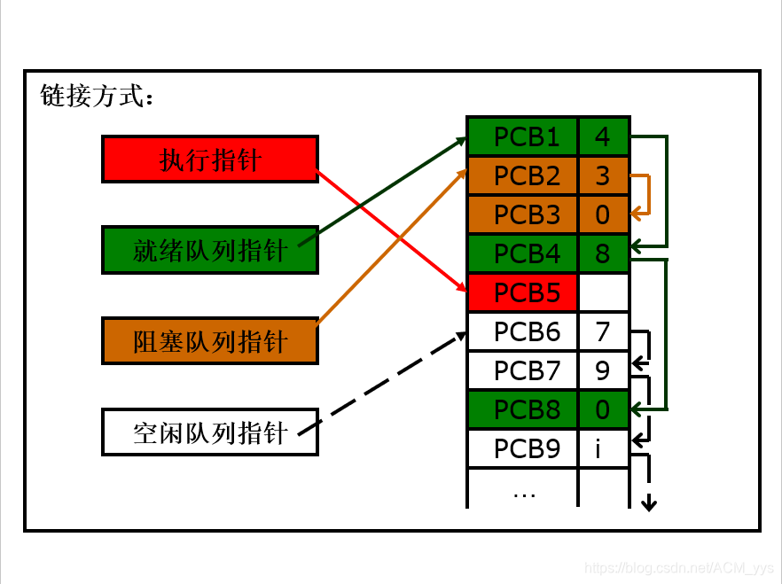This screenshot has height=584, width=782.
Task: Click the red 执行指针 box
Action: pos(209,159)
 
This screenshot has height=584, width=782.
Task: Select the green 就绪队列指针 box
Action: pos(209,250)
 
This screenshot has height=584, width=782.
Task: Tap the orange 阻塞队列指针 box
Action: pos(209,341)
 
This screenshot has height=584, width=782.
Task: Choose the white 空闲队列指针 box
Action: pos(209,432)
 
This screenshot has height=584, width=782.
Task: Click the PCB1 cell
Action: pos(522,137)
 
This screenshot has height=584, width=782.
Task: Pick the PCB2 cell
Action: pos(522,176)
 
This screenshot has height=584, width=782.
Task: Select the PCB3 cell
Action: pos(522,215)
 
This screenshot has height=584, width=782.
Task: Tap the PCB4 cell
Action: pos(522,254)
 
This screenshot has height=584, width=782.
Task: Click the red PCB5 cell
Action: pos(522,292)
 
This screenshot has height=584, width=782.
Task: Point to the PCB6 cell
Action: pos(522,331)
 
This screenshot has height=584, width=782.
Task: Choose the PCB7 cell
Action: pos(522,370)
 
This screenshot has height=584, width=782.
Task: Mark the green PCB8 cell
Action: pos(522,409)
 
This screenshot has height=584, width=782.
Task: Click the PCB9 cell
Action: pos(522,448)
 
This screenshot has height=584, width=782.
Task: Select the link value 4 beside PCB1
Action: pos(603,137)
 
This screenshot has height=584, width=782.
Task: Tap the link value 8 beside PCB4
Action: pos(603,254)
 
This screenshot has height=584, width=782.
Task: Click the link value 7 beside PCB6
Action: pos(603,331)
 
